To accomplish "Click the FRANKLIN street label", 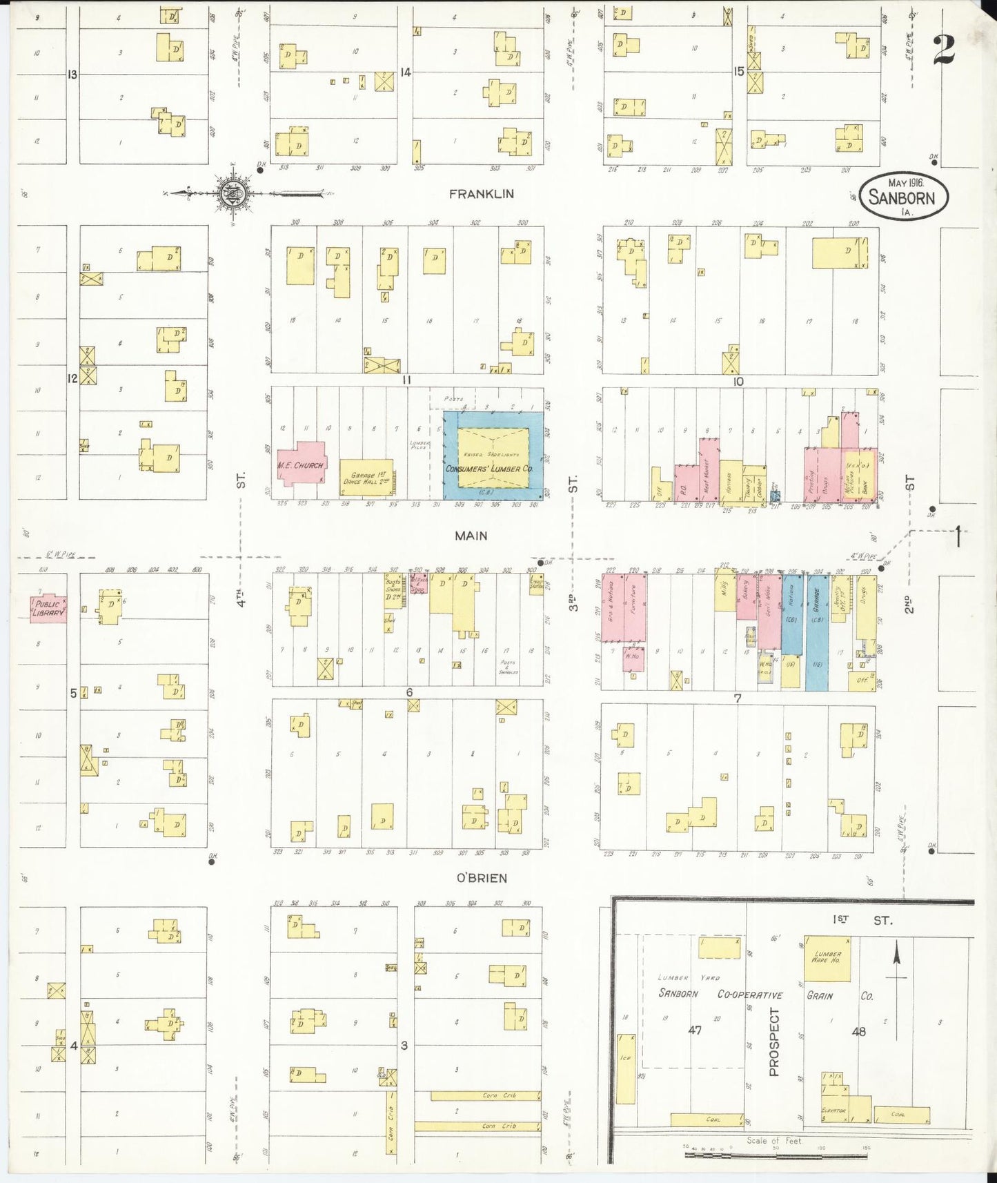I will point(481,194).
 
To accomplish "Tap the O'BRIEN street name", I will point(481,878).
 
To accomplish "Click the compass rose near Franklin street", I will point(231,194).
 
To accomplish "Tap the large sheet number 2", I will point(943,50).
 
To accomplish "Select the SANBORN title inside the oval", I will point(901,198).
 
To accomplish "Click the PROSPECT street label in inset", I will point(773,1042).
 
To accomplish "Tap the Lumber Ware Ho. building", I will point(827,958).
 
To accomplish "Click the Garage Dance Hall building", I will point(366,478).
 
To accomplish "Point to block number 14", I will point(406,72).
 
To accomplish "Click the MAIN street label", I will point(471,536).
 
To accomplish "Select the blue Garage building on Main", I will point(817,632).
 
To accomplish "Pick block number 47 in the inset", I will point(694,1030).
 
